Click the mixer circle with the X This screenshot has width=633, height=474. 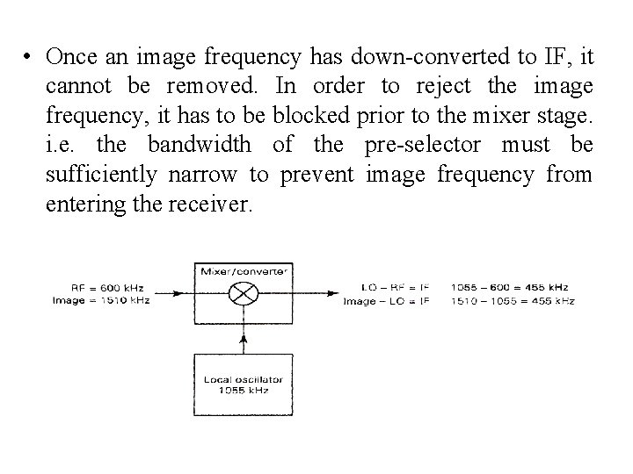242,294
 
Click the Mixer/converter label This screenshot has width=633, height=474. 242,272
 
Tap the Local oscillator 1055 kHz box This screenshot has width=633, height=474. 242,384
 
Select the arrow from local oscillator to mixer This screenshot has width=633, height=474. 242,338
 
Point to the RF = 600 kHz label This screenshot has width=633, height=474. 109,287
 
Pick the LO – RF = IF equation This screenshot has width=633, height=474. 396,287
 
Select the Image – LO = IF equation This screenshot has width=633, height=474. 386,300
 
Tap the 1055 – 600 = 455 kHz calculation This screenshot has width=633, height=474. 510,287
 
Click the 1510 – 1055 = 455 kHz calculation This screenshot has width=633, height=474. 513,300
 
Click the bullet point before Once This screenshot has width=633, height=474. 29,58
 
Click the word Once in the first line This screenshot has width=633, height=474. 69,57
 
